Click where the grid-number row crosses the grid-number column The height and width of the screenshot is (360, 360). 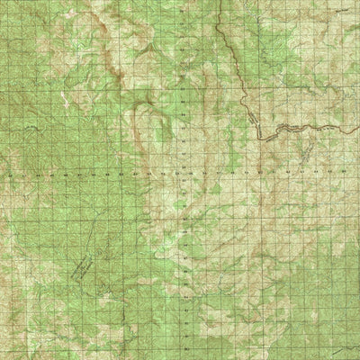183,168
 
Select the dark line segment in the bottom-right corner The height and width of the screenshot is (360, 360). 342,346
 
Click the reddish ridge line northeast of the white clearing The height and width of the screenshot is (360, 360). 108,63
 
